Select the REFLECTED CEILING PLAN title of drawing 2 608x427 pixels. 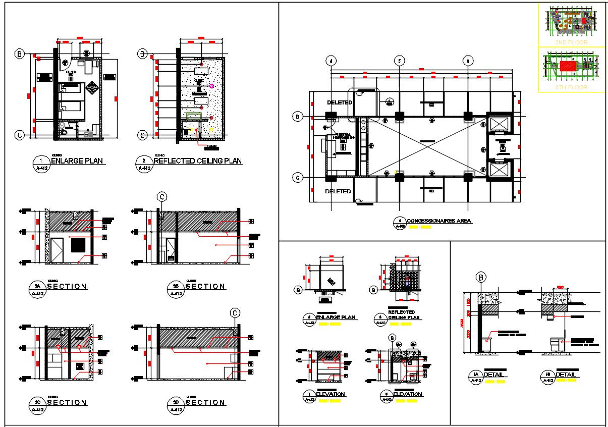tap(197, 161)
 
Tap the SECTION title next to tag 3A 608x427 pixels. tap(67, 286)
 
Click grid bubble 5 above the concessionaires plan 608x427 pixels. tap(399, 61)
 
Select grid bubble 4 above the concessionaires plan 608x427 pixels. tap(331, 61)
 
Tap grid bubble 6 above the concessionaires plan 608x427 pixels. tap(468, 61)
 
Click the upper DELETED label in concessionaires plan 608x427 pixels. tap(339, 102)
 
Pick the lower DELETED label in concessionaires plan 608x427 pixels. tap(338, 191)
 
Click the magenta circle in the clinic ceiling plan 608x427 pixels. tap(211, 86)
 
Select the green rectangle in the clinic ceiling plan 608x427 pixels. tap(194, 116)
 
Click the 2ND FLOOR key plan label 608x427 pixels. tap(571, 43)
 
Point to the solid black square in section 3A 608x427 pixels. tap(78, 245)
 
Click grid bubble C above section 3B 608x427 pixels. tap(161, 196)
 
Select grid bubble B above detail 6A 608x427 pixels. tap(481, 277)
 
